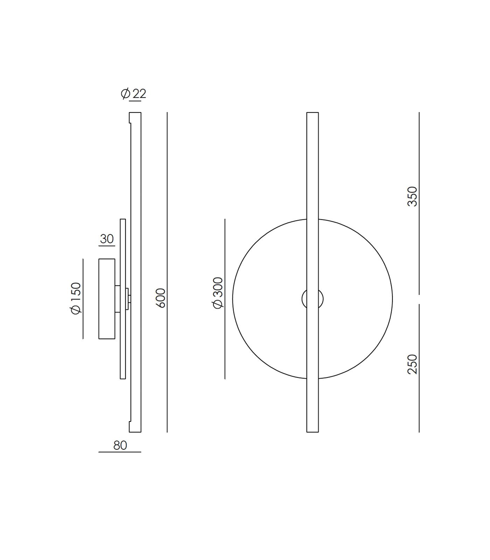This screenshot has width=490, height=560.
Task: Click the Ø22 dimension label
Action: (x=133, y=93)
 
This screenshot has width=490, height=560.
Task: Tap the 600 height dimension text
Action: (x=161, y=298)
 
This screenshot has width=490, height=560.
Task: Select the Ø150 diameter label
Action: (x=76, y=298)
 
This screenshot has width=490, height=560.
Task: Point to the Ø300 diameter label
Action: (x=218, y=293)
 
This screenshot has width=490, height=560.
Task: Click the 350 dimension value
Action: (x=413, y=196)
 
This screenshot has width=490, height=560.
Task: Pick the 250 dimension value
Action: (x=413, y=364)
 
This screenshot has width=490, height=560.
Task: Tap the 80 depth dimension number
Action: (x=120, y=445)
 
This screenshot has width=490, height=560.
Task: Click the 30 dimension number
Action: (x=107, y=239)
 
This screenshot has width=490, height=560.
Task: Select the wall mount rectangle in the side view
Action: (x=107, y=299)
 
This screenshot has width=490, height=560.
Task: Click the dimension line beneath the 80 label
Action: (x=120, y=452)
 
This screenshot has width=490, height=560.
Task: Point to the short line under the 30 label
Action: (x=107, y=246)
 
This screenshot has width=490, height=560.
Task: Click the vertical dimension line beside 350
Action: (x=419, y=245)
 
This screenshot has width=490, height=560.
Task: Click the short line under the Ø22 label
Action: (x=135, y=101)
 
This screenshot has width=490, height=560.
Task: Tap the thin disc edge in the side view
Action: (x=123, y=350)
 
